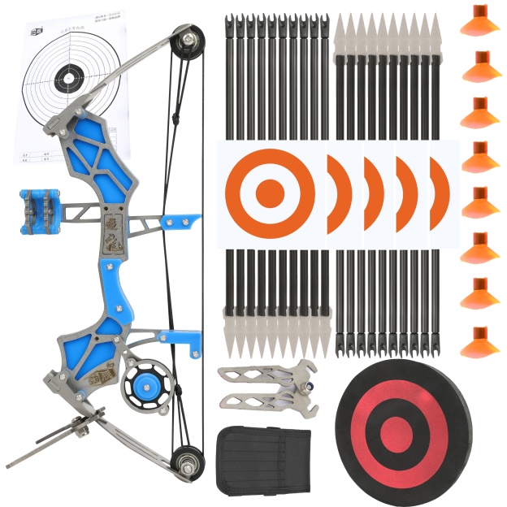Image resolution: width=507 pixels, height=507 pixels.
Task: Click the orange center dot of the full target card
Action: pos(269,193)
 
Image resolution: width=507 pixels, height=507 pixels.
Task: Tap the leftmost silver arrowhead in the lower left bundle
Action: pos(229,338)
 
